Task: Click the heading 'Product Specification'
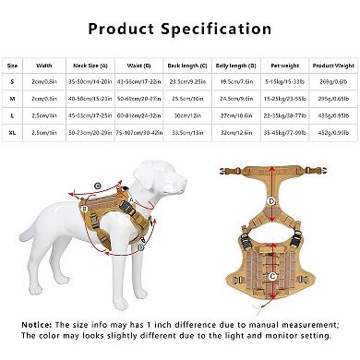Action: click(179, 27)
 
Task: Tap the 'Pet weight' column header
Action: click(281, 66)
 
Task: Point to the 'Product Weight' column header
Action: click(330, 66)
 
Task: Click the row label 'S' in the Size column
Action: click(13, 83)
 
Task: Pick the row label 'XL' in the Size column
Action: click(13, 136)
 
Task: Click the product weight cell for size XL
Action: click(330, 136)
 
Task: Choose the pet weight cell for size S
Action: click(281, 83)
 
